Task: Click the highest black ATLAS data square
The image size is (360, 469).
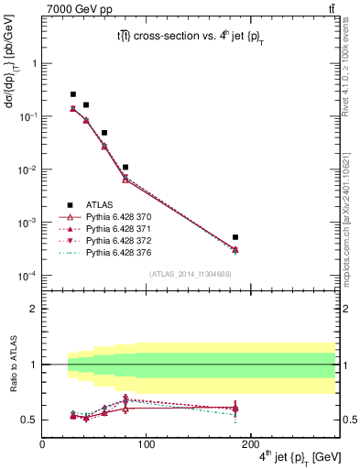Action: [73, 93]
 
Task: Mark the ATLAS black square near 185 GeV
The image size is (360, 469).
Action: [235, 237]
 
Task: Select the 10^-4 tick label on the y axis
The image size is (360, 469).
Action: [27, 276]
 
